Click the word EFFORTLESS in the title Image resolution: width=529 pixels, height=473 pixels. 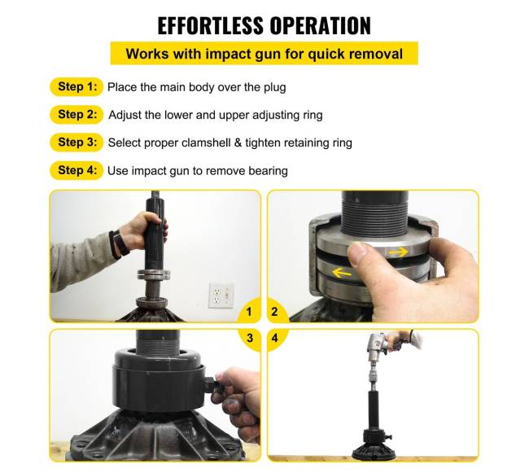click(210, 25)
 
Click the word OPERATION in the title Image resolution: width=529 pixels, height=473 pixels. click(320, 25)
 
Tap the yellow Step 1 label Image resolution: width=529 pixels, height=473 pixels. click(77, 87)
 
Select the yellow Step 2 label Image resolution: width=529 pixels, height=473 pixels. click(77, 114)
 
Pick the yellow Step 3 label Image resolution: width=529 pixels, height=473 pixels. click(77, 142)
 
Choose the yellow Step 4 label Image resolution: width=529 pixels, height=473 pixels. click(77, 170)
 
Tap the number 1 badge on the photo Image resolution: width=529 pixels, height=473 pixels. click(249, 311)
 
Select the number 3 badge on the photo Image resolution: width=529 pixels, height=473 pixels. click(250, 338)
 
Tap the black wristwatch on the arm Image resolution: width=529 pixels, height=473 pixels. click(119, 243)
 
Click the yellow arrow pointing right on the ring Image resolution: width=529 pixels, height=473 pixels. click(399, 252)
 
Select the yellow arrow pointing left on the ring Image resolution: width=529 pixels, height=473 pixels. click(342, 273)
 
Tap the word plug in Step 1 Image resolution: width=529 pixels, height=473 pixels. click(274, 88)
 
